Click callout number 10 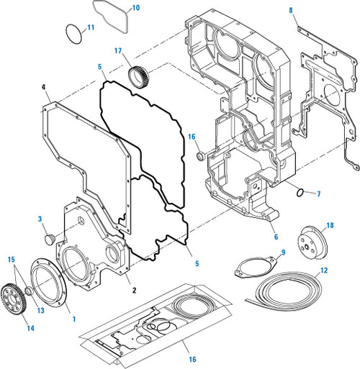click(x=137, y=9)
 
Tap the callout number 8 click(x=291, y=10)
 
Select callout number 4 click(x=44, y=88)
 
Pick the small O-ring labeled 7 click(x=303, y=192)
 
